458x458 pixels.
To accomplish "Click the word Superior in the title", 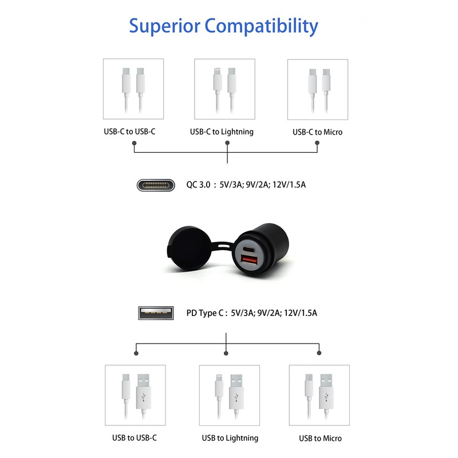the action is (x=165, y=26).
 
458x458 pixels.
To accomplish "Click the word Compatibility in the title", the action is (x=262, y=26).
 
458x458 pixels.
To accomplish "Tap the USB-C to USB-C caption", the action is (x=130, y=132).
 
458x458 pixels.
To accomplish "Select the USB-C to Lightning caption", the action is (x=222, y=132).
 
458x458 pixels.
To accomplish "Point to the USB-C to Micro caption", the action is (x=318, y=132).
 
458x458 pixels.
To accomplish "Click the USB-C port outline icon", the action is (x=156, y=185).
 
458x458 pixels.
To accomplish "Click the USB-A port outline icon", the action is (x=156, y=313).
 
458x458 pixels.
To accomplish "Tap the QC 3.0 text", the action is (x=198, y=185).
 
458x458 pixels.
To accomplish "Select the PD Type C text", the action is (x=206, y=313).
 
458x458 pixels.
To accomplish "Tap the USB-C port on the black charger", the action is (x=248, y=250).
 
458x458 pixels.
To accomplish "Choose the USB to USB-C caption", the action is (x=135, y=437).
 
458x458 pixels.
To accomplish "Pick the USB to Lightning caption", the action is (x=230, y=438).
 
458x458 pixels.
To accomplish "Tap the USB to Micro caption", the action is (x=321, y=438).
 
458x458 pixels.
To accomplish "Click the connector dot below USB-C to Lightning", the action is (x=227, y=143).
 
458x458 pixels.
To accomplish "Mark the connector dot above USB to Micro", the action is (x=319, y=353).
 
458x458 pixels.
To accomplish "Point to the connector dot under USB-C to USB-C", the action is (x=134, y=143).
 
